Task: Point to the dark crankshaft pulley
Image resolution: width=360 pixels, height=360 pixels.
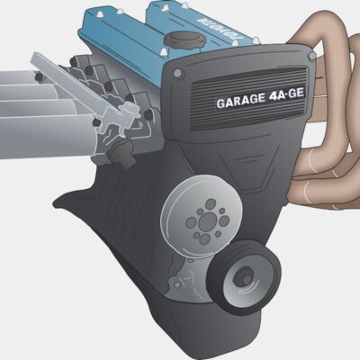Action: tap(243, 278)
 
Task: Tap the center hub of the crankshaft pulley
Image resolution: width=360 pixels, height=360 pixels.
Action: tap(243, 279)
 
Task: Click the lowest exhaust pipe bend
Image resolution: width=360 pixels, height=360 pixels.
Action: tap(324, 193)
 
